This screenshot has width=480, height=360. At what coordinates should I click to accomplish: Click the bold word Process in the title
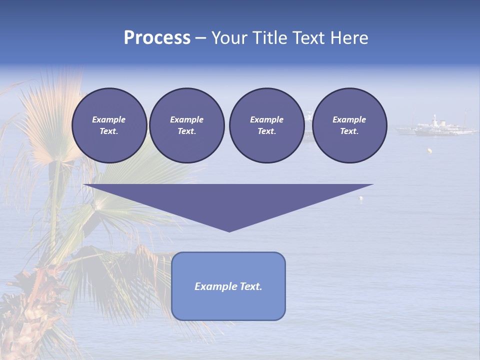(157, 38)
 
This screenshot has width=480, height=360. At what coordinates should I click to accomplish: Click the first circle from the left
(109, 125)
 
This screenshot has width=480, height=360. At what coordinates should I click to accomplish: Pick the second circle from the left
(187, 125)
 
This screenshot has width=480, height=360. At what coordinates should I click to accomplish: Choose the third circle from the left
(266, 125)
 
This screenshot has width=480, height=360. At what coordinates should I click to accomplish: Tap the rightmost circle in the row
(349, 125)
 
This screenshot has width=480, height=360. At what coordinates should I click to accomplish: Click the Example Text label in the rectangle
(228, 286)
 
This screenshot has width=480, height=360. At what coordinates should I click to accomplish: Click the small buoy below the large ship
(428, 150)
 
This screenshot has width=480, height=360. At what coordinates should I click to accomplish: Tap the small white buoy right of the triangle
(361, 198)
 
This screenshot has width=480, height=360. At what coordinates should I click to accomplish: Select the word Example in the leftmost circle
(109, 119)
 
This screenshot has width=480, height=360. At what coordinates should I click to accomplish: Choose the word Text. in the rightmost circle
(349, 131)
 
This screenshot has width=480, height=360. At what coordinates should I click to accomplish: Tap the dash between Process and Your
(201, 38)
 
